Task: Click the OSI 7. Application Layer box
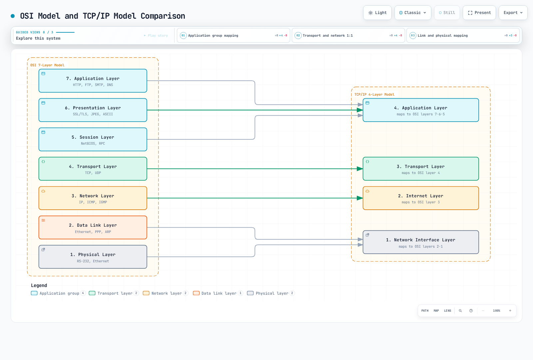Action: pos(93,81)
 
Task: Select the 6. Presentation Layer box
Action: pos(93,110)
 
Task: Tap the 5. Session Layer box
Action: pos(93,139)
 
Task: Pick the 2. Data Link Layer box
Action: pos(93,227)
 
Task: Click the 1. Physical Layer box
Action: pos(93,257)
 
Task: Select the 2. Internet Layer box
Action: pos(421,198)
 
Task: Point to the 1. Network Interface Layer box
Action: pos(421,242)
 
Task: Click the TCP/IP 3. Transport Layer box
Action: pos(421,169)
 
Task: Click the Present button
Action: pos(479,13)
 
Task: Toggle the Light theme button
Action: pos(377,13)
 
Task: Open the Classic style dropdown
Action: pos(413,13)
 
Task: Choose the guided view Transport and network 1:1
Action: pos(348,35)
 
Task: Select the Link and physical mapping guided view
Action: pos(463,35)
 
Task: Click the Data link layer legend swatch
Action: pos(196,293)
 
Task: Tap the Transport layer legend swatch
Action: pos(92,293)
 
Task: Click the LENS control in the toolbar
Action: pos(448,311)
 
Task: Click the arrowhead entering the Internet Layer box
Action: pos(360,198)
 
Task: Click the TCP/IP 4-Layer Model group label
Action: pos(374,95)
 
